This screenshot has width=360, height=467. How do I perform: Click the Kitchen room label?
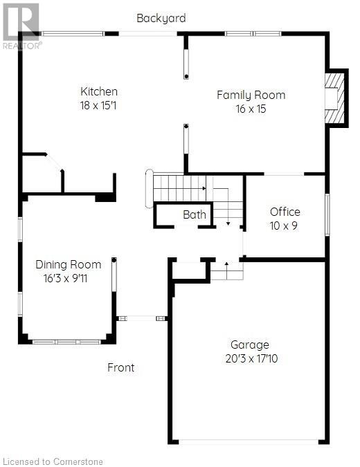(99, 91)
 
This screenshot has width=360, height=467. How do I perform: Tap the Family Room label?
(251, 95)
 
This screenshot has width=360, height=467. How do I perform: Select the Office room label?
(285, 212)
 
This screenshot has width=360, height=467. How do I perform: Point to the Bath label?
(195, 215)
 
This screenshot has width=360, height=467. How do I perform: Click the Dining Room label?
(68, 264)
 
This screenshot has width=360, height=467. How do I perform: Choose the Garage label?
(250, 345)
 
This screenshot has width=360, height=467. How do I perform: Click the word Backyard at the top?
(161, 18)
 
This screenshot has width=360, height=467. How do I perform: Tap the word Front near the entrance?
(120, 367)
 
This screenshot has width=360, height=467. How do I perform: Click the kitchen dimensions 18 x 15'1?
(99, 106)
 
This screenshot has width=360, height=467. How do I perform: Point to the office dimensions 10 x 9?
(284, 226)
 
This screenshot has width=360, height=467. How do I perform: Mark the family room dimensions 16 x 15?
(251, 109)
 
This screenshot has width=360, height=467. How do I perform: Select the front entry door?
(142, 318)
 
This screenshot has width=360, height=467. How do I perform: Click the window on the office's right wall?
(327, 214)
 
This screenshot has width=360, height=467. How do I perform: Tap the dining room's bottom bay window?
(67, 341)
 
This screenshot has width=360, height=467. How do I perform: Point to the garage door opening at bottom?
(249, 441)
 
